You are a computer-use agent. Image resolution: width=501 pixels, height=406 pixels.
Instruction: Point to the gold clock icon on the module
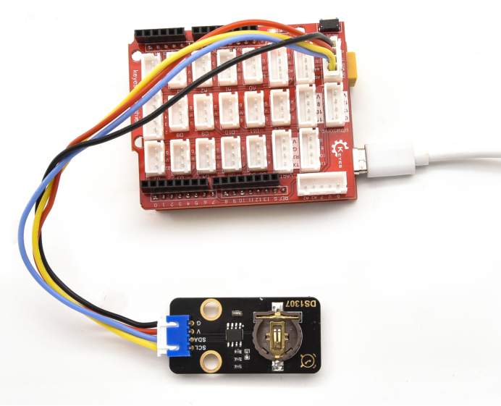click(308, 357)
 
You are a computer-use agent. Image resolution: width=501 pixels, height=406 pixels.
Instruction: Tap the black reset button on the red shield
click(328, 24)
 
